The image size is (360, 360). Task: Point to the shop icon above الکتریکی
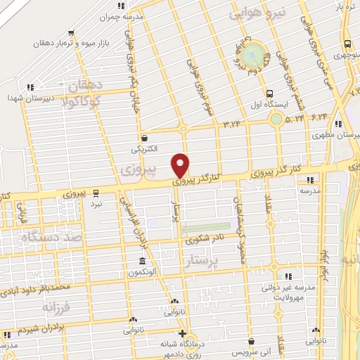click(145, 139)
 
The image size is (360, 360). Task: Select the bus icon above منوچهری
click(347, 43)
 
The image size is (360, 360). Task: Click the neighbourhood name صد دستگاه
click(54, 238)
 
